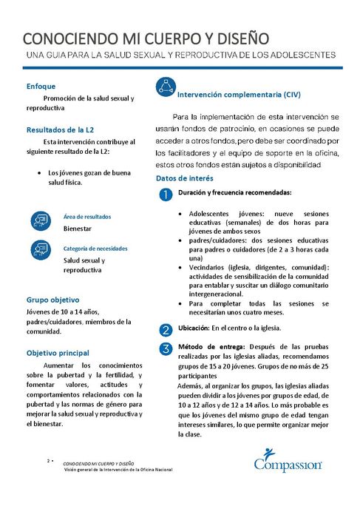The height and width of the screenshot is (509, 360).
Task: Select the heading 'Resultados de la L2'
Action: click(60, 129)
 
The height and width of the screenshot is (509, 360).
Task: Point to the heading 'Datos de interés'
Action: click(185, 179)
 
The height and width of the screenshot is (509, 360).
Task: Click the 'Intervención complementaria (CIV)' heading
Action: click(240, 95)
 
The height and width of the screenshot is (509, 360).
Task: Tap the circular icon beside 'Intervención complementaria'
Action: click(166, 87)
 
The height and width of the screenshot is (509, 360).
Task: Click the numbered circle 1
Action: click(166, 194)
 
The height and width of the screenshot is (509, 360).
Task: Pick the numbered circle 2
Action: click(166, 329)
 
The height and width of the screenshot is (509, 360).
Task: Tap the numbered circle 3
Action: click(166, 348)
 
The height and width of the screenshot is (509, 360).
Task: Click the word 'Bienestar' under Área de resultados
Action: click(78, 229)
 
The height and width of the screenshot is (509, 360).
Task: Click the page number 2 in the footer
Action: click(49, 460)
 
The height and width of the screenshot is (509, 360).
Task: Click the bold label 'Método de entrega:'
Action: click(209, 347)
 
